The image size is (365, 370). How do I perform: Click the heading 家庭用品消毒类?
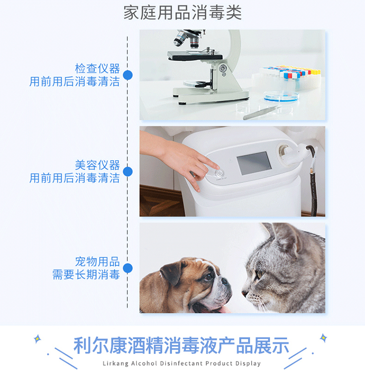182,13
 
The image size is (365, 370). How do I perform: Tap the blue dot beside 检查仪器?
128,75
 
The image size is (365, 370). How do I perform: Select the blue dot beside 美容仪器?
128,171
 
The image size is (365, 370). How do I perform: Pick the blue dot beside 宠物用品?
128,268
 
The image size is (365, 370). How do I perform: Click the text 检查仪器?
97,69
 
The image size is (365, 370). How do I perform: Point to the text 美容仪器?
97,165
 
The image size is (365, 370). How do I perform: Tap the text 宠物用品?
97,262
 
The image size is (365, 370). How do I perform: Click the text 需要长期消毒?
86,275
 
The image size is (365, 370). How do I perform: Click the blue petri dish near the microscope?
281,96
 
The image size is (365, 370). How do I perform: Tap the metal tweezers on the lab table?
261,113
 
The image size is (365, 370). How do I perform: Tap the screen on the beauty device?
254,163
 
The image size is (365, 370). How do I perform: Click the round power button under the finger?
219,173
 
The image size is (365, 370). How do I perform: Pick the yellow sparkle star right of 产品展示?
324,338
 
